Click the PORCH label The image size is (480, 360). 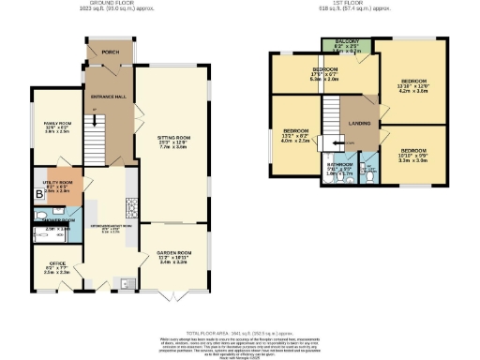pyautogui.click(x=111, y=52)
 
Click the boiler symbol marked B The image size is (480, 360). pyautogui.click(x=39, y=195)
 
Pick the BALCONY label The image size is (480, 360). pyautogui.click(x=346, y=43)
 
